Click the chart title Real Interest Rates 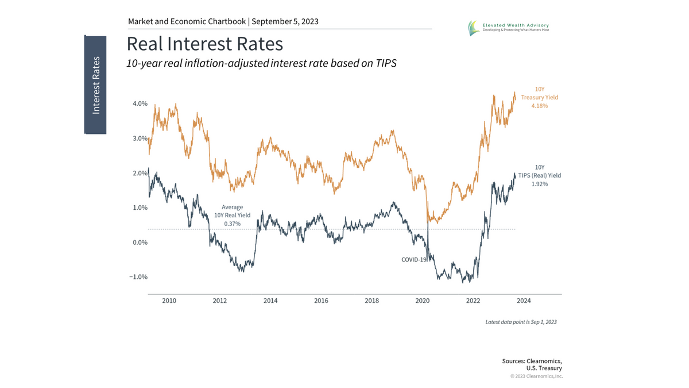[x=204, y=44]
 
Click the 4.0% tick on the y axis [x=140, y=104]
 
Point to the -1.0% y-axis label [x=139, y=276]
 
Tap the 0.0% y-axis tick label [x=140, y=242]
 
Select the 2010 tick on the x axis [x=169, y=301]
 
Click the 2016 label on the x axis [x=321, y=301]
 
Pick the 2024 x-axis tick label [x=524, y=301]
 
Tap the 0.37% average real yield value [x=233, y=222]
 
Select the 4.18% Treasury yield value [x=539, y=106]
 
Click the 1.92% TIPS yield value [x=539, y=184]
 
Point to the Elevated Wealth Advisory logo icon [x=473, y=27]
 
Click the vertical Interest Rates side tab [x=95, y=85]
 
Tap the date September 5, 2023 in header [x=285, y=22]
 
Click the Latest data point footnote [x=521, y=322]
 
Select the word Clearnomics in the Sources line [x=542, y=360]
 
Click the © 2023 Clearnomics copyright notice [x=536, y=376]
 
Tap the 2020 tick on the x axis [x=422, y=301]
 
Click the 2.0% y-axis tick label [x=140, y=173]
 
